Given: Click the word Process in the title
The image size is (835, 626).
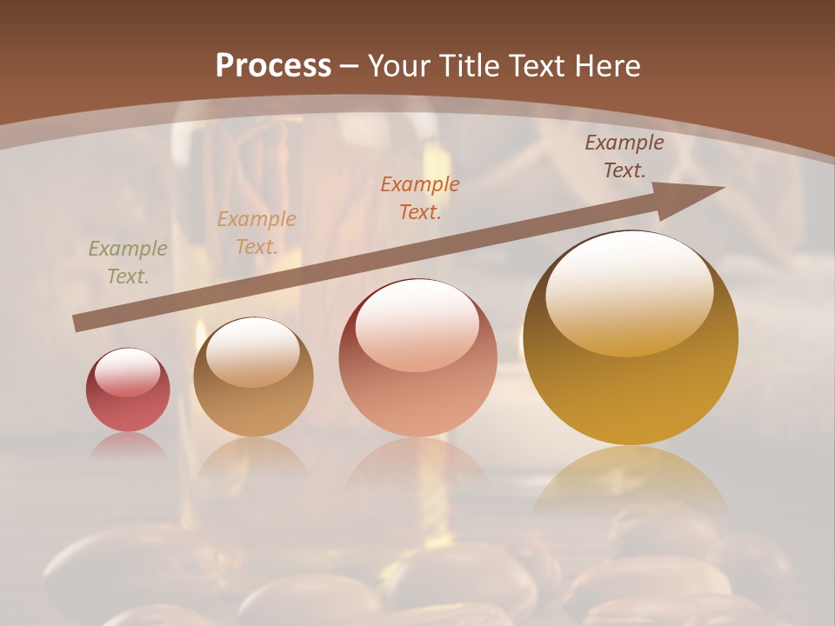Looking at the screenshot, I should coord(273,66).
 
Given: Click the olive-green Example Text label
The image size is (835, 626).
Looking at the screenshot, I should coord(128,263).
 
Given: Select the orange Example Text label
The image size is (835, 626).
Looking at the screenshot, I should coord(420,197).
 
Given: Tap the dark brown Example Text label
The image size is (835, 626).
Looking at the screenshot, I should coord(624,156).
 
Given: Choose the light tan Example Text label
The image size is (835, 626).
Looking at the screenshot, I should coord(257,232).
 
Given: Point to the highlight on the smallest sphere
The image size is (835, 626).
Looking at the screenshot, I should coord(128,372).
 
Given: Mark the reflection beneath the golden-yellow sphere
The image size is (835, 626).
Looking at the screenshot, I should coord(631,478).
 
